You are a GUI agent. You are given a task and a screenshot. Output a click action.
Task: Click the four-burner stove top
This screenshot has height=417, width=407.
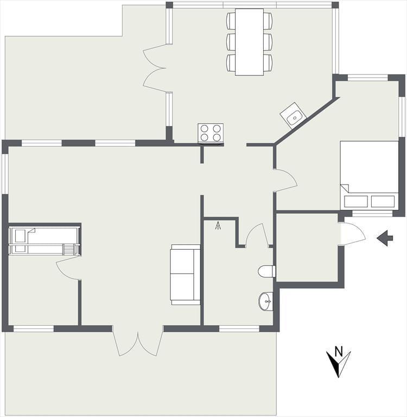point(211,132)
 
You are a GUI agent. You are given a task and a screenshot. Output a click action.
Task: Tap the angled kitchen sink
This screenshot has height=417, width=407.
point(293,116)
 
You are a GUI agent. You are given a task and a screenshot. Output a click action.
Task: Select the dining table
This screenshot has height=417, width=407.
point(250,42)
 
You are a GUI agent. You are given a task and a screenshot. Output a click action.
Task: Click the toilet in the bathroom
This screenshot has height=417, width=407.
point(267,271)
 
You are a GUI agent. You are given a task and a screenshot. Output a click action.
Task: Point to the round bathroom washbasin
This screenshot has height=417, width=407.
point(266,301)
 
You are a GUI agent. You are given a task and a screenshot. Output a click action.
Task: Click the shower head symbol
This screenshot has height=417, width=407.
point(218,225)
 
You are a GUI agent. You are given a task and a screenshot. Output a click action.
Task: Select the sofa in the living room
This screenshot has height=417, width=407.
point(185,274)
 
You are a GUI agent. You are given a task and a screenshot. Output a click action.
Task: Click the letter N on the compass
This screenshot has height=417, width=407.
point(339,351)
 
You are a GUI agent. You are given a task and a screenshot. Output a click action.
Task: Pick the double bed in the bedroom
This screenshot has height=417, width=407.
point(370,175)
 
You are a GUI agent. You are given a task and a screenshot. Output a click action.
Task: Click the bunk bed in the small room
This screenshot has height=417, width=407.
point(44,241)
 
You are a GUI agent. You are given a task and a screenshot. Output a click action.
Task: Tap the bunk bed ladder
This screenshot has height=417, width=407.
point(68,250)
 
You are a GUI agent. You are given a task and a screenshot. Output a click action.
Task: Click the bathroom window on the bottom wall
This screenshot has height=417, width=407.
point(239,329)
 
